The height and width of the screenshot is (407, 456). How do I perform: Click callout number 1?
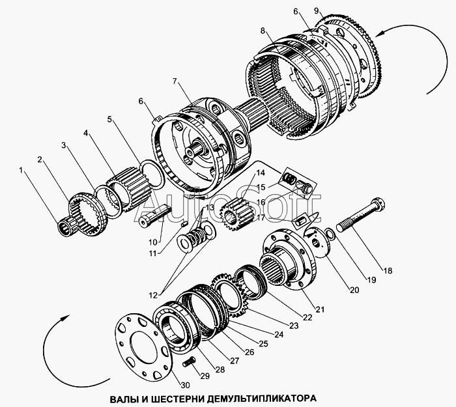(20, 170)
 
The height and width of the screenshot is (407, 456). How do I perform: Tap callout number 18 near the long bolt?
(388, 271)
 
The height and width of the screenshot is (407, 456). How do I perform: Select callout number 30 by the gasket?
(185, 386)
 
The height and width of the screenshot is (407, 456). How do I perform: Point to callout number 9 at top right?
(317, 11)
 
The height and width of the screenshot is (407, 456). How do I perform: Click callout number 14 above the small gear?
(261, 173)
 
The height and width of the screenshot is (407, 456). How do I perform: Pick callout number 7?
(175, 81)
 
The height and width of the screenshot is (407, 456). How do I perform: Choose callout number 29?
(205, 376)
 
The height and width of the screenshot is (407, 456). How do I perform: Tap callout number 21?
(320, 309)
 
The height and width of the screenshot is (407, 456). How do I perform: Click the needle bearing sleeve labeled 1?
(68, 227)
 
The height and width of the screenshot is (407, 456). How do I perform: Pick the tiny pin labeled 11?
(184, 223)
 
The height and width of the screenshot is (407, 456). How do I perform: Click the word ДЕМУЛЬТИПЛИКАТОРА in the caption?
(261, 398)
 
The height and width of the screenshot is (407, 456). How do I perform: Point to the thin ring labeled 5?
(152, 174)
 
